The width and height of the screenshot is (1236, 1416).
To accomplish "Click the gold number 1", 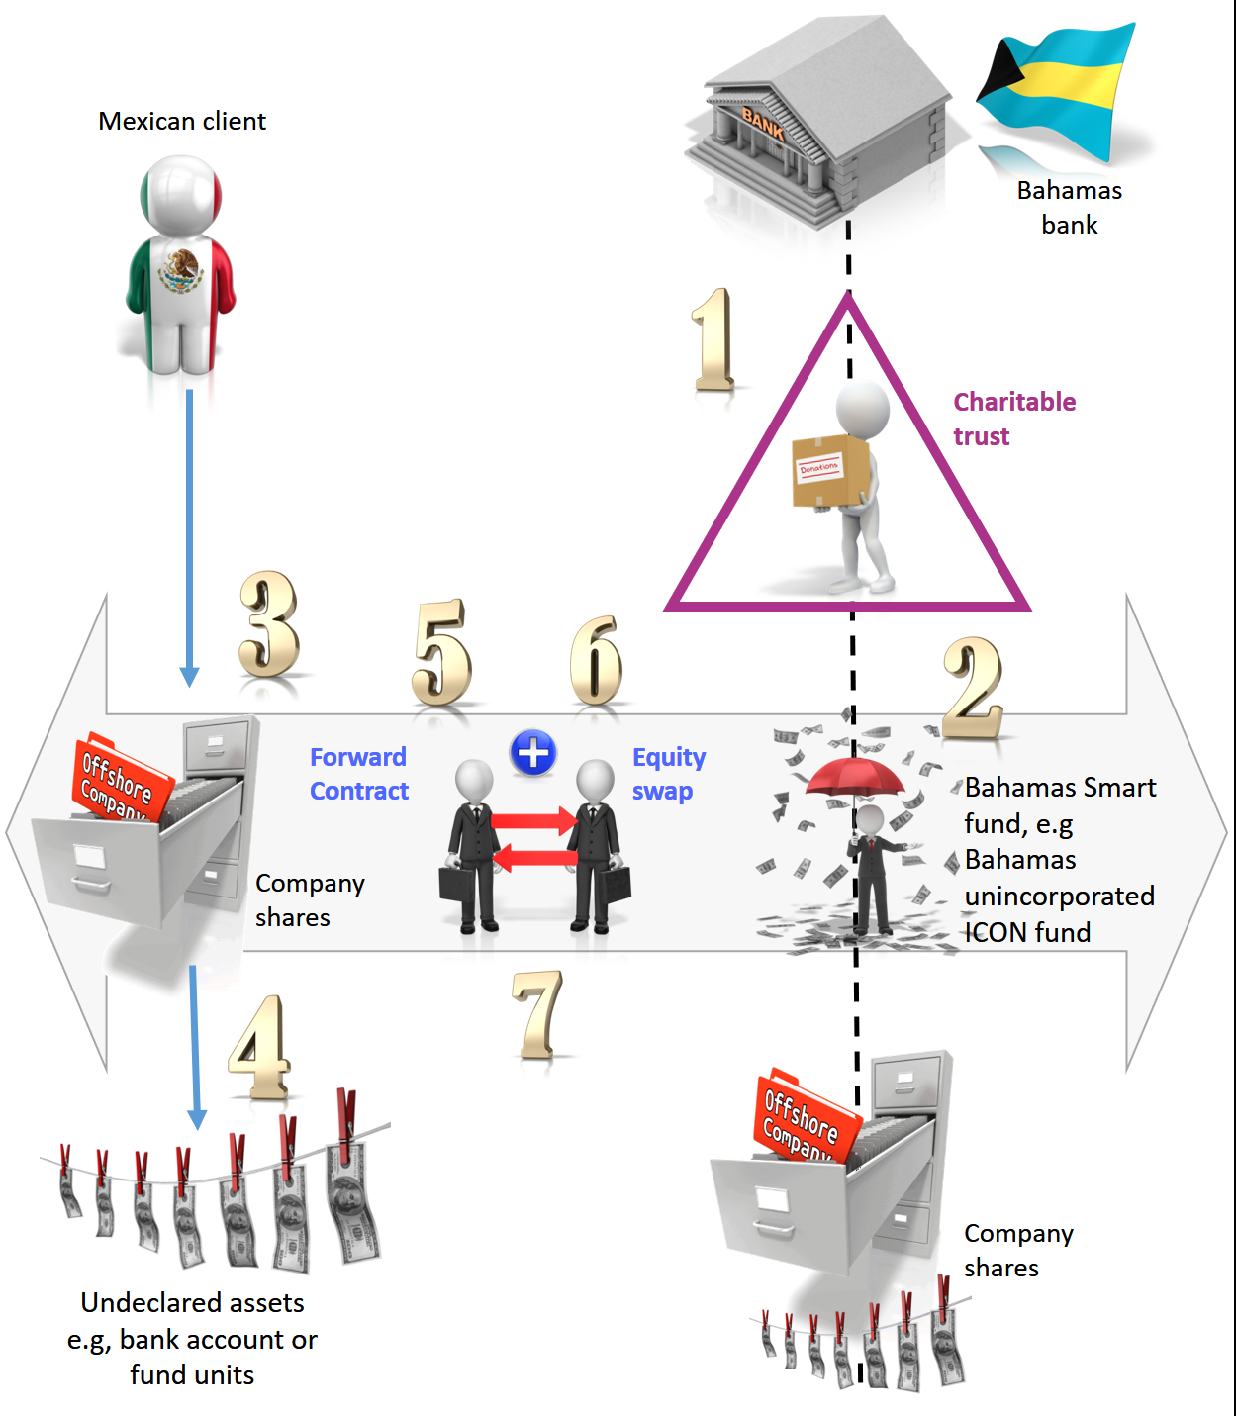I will click(x=713, y=339).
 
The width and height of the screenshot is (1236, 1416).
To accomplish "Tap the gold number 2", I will click(x=973, y=689).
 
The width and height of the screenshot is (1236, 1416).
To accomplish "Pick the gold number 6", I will click(x=597, y=660).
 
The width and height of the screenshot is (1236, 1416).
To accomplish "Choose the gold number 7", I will click(x=538, y=1013).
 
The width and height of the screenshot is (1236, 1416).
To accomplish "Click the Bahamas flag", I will click(x=1057, y=89).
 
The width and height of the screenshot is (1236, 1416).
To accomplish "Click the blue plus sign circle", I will click(x=533, y=754).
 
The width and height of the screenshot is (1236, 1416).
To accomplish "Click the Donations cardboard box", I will click(x=829, y=470).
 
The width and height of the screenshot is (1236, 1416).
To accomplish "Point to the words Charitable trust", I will click(x=1013, y=419).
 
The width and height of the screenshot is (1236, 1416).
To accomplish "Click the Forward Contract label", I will click(x=358, y=774).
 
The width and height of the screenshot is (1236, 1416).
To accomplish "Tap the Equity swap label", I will click(x=668, y=774).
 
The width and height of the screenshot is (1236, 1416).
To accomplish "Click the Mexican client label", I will click(x=182, y=121).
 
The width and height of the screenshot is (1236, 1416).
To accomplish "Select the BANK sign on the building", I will click(x=763, y=123).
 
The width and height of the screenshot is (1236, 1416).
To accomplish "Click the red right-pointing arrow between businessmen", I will click(x=534, y=821).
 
